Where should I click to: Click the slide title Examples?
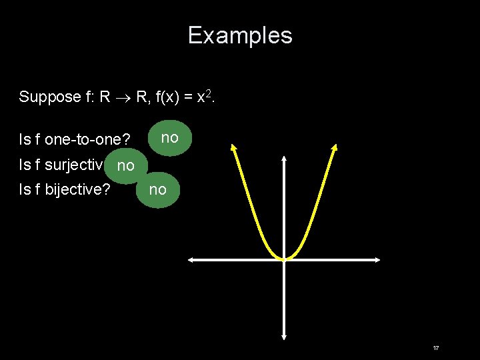(240, 35)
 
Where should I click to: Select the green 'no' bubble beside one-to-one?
(170, 138)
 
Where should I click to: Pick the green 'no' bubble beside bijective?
(157, 190)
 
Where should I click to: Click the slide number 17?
(435, 349)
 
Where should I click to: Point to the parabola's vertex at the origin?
(284, 259)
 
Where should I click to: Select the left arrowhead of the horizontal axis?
(190, 260)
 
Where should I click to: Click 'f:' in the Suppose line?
(92, 97)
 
